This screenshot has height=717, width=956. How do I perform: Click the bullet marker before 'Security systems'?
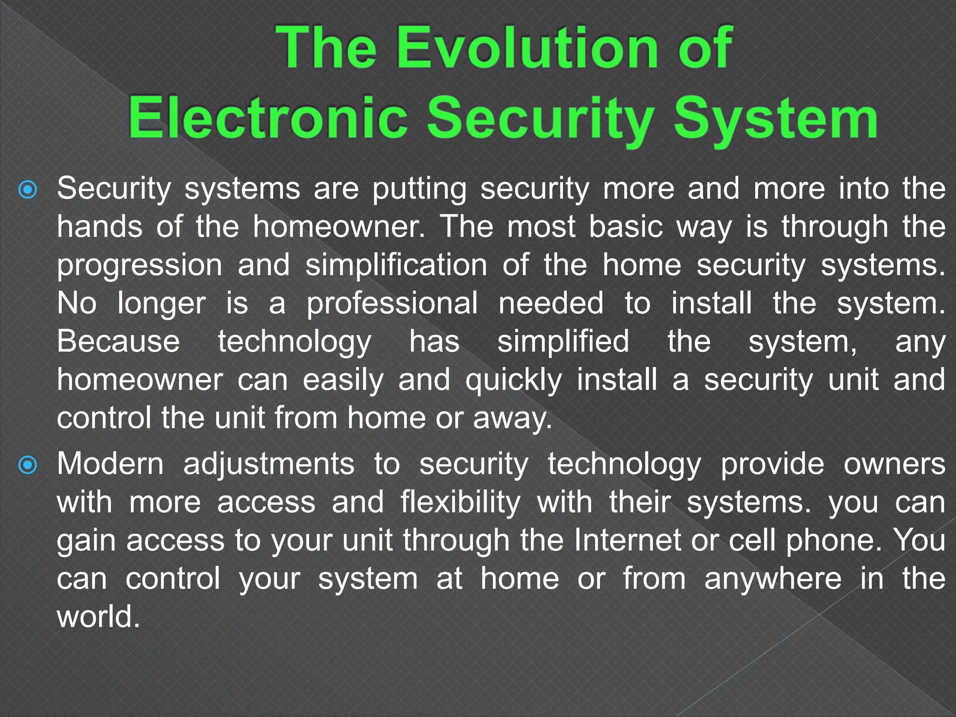(28, 190)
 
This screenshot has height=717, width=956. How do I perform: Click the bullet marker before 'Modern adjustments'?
(28, 465)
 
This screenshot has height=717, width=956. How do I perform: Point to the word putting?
(419, 190)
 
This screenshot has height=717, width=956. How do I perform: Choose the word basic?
(626, 227)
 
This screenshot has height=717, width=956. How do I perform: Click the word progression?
(140, 266)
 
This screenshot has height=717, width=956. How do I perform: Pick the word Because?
(118, 341)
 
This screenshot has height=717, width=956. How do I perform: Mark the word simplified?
(563, 341)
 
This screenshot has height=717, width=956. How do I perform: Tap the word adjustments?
(269, 465)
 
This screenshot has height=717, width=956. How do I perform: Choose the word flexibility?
(460, 503)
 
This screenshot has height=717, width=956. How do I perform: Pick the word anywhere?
(773, 579)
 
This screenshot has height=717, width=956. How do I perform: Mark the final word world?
(98, 617)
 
